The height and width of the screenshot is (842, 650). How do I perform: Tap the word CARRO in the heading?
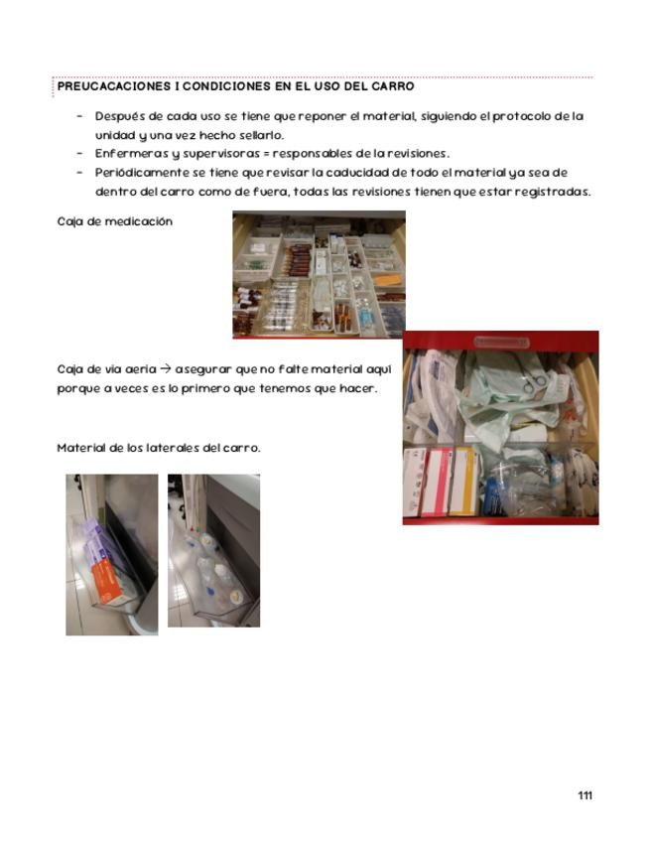point(392,86)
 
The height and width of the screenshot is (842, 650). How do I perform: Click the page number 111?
point(585,795)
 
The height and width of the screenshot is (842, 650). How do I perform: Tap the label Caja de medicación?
point(115,221)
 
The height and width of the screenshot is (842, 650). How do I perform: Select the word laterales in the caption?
point(171,448)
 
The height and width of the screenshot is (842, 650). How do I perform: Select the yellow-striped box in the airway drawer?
point(462,481)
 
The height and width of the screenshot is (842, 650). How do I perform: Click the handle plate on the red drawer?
point(500,342)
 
